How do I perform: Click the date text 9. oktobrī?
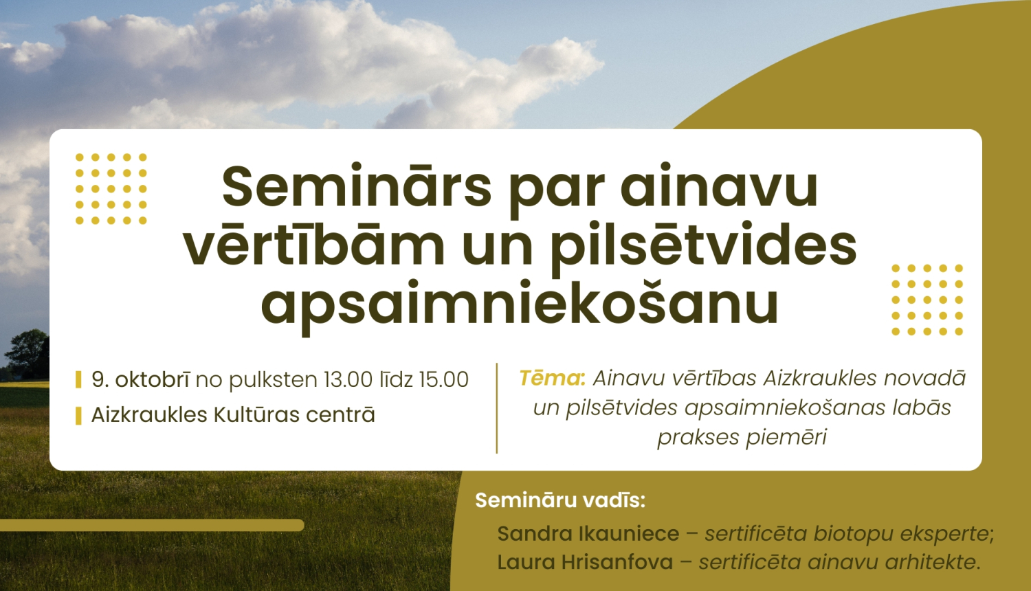[x=141, y=379]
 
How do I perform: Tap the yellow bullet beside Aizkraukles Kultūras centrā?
[x=79, y=415]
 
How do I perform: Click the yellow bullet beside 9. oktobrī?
[x=79, y=379]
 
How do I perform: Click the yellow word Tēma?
[x=550, y=378]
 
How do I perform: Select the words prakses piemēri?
[x=742, y=437]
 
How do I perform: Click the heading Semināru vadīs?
[x=560, y=500]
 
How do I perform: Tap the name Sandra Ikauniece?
[x=588, y=533]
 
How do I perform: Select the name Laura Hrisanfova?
[x=585, y=562]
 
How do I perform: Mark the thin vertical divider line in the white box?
[x=496, y=408]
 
